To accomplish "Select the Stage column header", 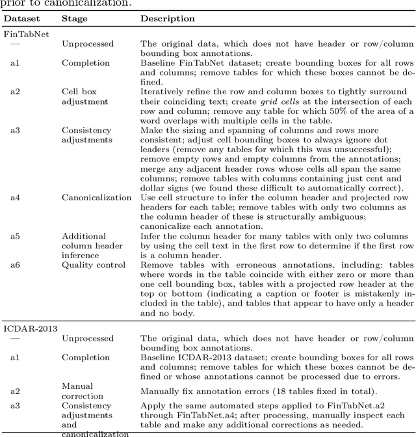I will click(74, 18).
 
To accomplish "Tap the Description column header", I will click(168, 18).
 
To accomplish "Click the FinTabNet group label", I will click(27, 33).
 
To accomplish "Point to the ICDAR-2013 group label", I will click(29, 328).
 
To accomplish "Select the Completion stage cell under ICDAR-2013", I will click(86, 357).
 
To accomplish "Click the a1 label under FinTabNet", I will click(15, 62).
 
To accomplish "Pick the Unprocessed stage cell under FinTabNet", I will click(88, 44).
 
